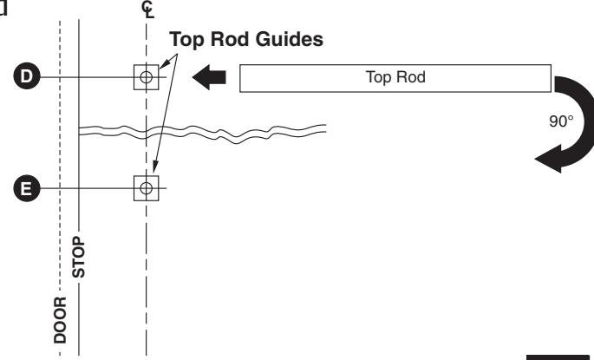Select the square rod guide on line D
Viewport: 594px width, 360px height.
146,77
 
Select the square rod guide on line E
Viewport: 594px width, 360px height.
146,187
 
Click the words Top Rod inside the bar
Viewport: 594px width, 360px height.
395,77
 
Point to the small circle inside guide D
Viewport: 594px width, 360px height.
146,77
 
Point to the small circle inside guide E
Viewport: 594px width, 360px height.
146,187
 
